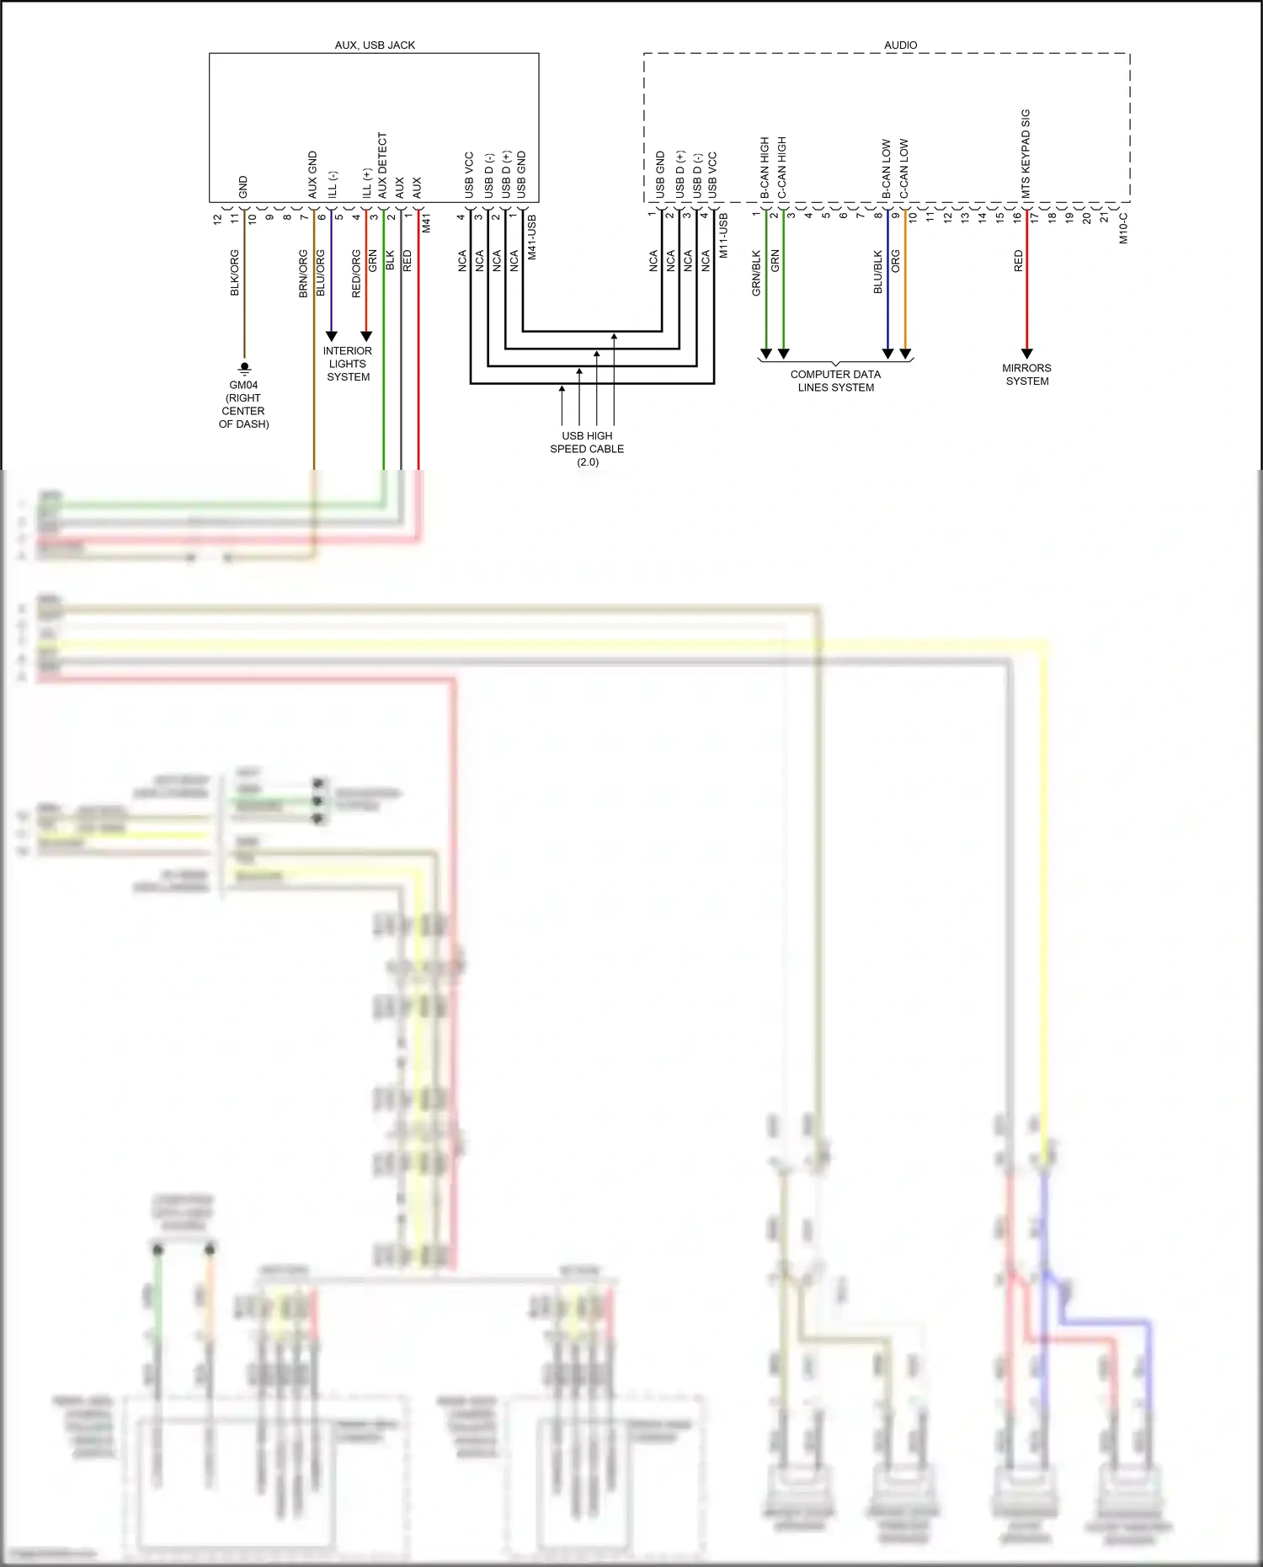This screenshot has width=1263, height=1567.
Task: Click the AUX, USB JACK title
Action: pyautogui.click(x=375, y=45)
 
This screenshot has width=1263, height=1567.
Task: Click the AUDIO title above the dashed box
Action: pyautogui.click(x=900, y=45)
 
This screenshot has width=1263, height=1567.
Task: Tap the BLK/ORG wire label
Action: pyautogui.click(x=235, y=273)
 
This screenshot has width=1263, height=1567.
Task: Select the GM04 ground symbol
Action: pyautogui.click(x=244, y=368)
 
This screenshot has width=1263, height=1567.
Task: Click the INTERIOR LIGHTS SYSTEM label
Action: pyautogui.click(x=348, y=364)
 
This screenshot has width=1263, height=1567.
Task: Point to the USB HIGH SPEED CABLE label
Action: pyautogui.click(x=587, y=449)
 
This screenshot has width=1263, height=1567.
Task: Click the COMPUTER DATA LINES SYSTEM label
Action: pyautogui.click(x=835, y=381)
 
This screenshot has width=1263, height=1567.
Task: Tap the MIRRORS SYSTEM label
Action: pyautogui.click(x=1026, y=375)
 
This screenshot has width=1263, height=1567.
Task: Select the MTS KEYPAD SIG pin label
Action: pyautogui.click(x=1026, y=154)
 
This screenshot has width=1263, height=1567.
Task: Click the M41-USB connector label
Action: pyautogui.click(x=531, y=237)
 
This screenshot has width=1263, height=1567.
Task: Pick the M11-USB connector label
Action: pyautogui.click(x=723, y=236)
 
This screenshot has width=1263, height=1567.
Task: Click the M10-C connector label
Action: pyautogui.click(x=1123, y=228)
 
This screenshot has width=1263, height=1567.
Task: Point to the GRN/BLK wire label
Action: pyautogui.click(x=756, y=273)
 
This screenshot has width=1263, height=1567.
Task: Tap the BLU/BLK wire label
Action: pyautogui.click(x=878, y=272)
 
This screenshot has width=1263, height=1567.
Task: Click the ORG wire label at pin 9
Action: pyautogui.click(x=896, y=261)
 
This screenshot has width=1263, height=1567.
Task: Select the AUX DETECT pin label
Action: pyautogui.click(x=382, y=166)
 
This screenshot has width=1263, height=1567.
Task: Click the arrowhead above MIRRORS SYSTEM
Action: pyautogui.click(x=1026, y=354)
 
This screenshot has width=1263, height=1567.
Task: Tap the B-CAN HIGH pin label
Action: pyautogui.click(x=765, y=168)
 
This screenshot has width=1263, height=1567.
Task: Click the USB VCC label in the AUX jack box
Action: pyautogui.click(x=469, y=175)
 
